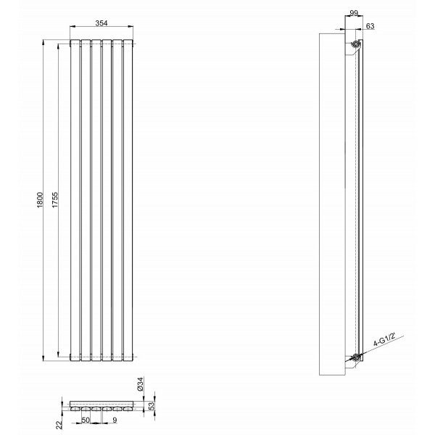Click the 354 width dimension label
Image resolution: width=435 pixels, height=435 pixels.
coord(101,23)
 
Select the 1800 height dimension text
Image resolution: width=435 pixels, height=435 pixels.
coord(40,200)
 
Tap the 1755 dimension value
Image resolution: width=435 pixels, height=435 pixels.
coord(55,200)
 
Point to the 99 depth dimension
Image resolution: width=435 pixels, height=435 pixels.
coord(354,13)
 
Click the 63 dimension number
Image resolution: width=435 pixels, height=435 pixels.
coord(370,26)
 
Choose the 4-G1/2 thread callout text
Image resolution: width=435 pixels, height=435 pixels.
coord(384,340)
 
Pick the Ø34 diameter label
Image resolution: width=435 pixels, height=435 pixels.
coord(141,384)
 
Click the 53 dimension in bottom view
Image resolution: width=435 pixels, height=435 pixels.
coord(152,406)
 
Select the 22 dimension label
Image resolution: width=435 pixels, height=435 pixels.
coord(59,425)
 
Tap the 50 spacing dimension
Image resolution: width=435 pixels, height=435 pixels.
coord(86,420)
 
